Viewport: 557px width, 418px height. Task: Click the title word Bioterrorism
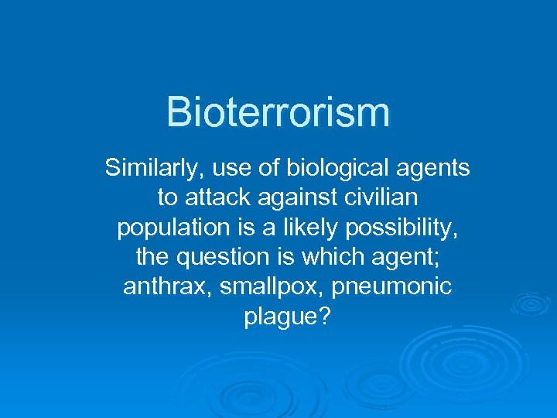278,112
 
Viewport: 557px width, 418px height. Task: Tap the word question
224,258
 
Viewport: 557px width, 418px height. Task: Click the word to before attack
167,198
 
